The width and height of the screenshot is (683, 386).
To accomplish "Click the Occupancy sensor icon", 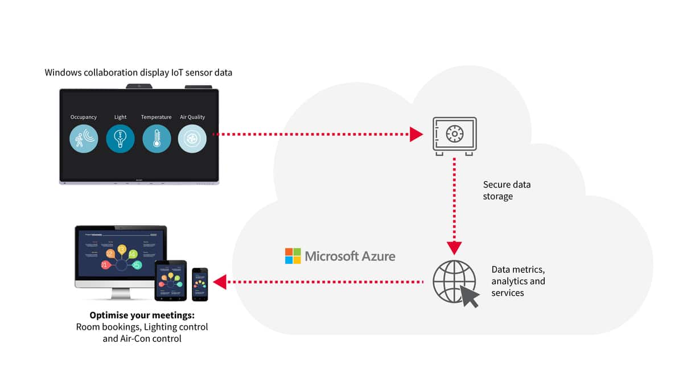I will coord(84,138).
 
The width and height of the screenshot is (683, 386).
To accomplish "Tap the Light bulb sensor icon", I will coord(120,138).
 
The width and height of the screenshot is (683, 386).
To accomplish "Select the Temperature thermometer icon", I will coord(157,138).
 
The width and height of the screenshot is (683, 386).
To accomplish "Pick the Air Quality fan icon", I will coord(192,138).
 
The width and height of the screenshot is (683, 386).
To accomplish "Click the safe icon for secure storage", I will coord(454,135).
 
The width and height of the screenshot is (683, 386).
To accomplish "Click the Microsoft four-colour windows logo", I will coord(293,256).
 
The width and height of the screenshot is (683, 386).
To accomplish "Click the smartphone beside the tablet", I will coord(200,284).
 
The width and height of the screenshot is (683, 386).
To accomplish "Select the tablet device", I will coord(171,281).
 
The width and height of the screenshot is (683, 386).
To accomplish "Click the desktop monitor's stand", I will coord(120,294).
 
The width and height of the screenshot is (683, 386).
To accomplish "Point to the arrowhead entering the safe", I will coord(416,135).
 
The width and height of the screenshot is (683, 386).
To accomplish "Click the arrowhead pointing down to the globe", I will coord(454,248).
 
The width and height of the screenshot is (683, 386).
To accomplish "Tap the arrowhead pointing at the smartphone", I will coord(220,281).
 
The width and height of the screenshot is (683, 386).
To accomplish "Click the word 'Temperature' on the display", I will coord(156,117).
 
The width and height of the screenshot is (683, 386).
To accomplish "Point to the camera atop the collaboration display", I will coord(139,86).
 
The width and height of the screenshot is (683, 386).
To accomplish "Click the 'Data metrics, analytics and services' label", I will coord(518,281).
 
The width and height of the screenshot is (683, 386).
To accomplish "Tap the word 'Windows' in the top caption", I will coord(63,73).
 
